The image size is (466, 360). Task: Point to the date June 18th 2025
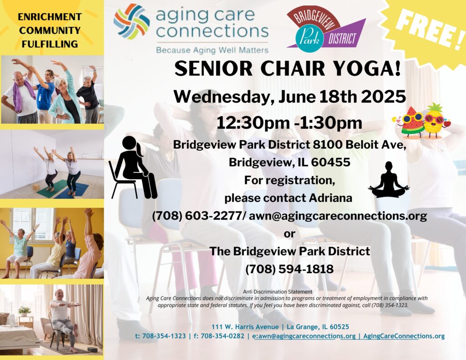(342, 96)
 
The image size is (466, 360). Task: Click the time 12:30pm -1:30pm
(289, 123)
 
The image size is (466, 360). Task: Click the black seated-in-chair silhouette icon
(133, 167)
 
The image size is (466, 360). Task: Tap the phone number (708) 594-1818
(289, 269)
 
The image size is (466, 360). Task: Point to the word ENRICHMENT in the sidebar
(50, 17)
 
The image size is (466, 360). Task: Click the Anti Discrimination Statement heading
(278, 292)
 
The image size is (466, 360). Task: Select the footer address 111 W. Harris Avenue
(245, 327)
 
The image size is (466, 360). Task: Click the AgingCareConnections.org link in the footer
(404, 336)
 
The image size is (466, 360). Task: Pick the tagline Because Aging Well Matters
(213, 50)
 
